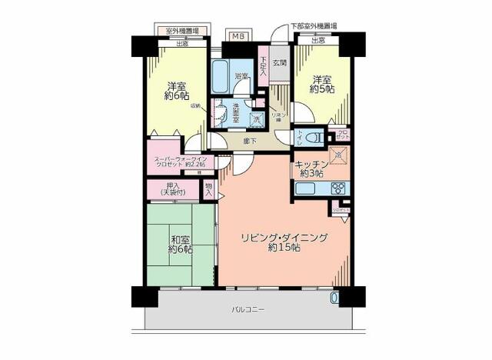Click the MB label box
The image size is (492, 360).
238,36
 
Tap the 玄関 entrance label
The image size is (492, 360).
278,63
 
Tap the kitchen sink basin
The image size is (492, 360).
307,188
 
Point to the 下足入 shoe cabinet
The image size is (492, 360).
263,65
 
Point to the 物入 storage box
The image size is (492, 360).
209,190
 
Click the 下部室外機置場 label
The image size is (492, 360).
313,25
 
